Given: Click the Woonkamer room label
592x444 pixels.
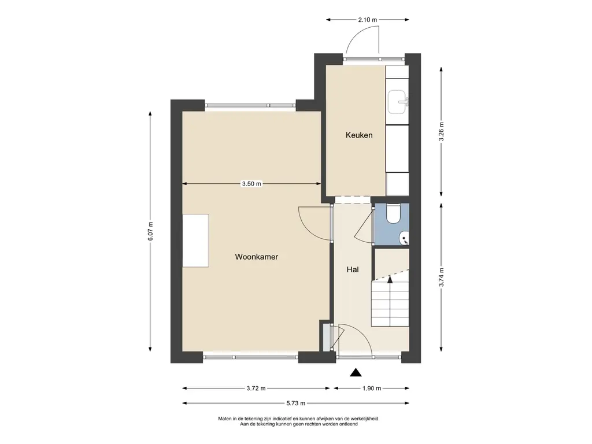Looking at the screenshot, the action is tap(256, 257).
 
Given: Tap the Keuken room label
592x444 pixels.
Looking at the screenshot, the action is tap(359, 135).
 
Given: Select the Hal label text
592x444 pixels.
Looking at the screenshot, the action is tap(353, 269).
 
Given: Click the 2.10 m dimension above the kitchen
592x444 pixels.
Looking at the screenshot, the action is tap(368, 20).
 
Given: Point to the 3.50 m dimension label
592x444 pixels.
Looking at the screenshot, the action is tap(251, 184).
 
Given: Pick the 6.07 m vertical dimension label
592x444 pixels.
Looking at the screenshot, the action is tap(150, 231).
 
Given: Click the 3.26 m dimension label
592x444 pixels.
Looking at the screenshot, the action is tap(441, 132).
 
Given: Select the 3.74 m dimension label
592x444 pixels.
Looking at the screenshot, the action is tap(441, 277).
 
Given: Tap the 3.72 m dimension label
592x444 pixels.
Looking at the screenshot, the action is tap(256, 388).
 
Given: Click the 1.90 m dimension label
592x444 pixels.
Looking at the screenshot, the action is tap(372, 388).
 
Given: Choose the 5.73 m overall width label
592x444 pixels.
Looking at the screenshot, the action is tap(295, 403).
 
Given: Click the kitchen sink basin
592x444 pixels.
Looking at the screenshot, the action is tap(398, 102).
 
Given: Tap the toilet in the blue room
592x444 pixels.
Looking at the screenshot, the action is tap(393, 214).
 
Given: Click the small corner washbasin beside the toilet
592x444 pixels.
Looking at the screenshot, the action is tap(404, 239).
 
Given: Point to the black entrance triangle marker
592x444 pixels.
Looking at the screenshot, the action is tap(356, 373).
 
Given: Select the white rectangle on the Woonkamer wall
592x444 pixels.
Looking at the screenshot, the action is tap(195, 240).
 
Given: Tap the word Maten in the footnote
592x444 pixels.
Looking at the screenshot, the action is tap(224, 419).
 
